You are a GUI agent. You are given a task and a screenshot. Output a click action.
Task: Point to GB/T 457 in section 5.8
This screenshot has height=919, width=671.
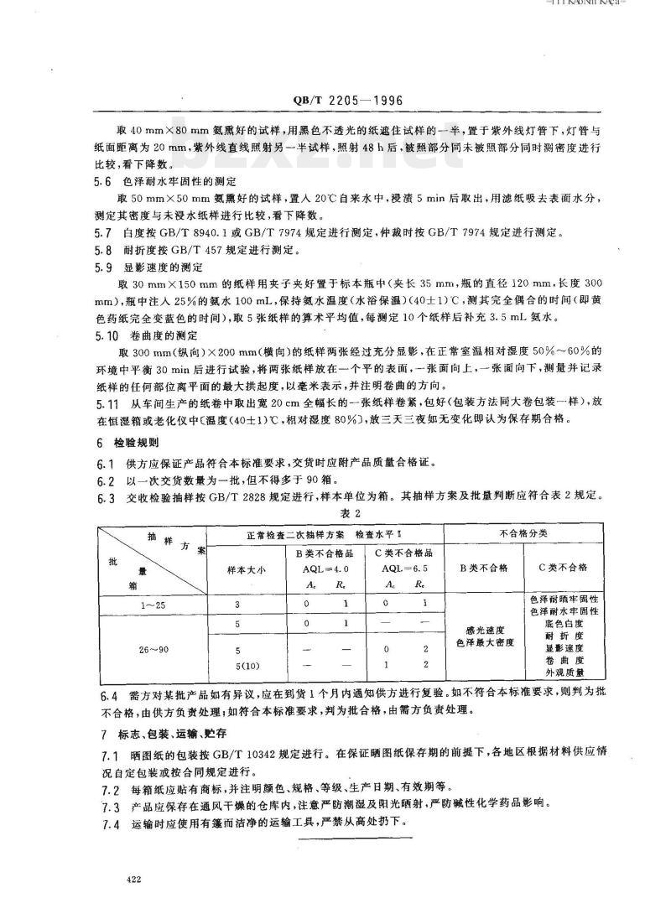(201, 250)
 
